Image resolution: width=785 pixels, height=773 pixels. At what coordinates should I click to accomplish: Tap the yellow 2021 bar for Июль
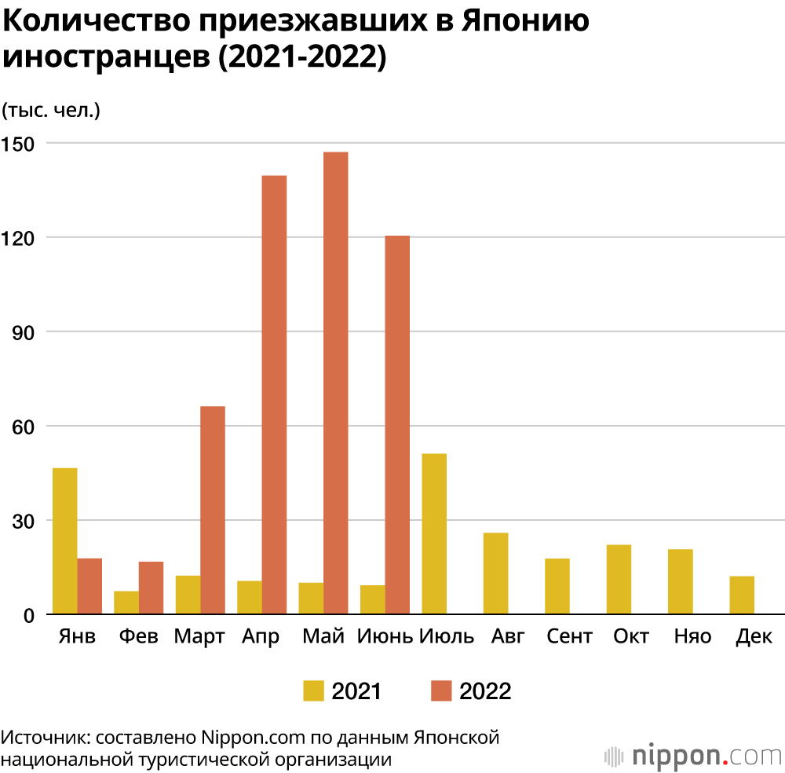pyautogui.click(x=434, y=533)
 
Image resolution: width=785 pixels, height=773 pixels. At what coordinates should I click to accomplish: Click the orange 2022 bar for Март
pyautogui.click(x=213, y=510)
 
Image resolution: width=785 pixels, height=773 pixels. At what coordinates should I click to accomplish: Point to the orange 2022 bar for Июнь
pyautogui.click(x=397, y=424)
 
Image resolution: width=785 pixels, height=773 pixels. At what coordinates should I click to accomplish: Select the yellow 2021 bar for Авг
pyautogui.click(x=495, y=573)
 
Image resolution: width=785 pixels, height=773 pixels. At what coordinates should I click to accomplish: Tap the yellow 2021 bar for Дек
pyautogui.click(x=742, y=595)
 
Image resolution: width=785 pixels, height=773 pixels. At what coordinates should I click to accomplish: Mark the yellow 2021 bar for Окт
pyautogui.click(x=619, y=579)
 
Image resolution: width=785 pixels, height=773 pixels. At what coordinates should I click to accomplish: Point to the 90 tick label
pyautogui.click(x=24, y=332)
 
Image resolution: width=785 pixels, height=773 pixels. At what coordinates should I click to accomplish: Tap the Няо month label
pyautogui.click(x=693, y=636)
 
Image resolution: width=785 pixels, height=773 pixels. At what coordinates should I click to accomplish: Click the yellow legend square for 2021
pyautogui.click(x=313, y=691)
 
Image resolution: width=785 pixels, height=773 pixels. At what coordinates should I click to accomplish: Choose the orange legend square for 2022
pyautogui.click(x=441, y=691)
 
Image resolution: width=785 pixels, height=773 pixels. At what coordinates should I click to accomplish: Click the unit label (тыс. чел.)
pyautogui.click(x=51, y=110)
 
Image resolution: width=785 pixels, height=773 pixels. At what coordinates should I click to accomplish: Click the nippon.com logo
pyautogui.click(x=694, y=756)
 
